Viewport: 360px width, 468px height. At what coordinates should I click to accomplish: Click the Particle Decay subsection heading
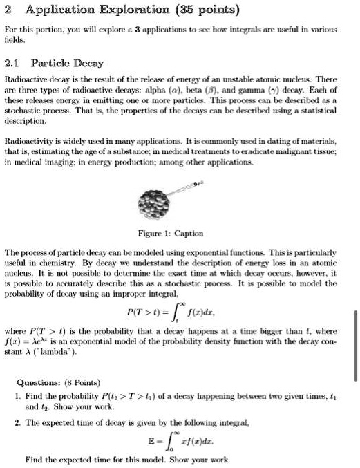68,63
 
